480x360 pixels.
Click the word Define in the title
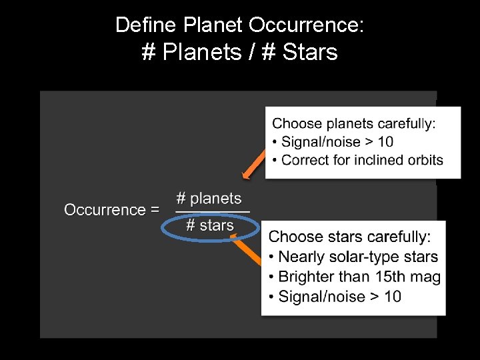pyautogui.click(x=139, y=25)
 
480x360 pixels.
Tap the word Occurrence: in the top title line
pyautogui.click(x=307, y=25)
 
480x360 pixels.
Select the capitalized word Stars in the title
pyautogui.click(x=310, y=51)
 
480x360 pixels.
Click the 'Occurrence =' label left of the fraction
pyautogui.click(x=111, y=210)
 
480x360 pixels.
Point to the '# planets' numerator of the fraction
pyautogui.click(x=209, y=199)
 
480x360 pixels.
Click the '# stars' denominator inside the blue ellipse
pyautogui.click(x=210, y=225)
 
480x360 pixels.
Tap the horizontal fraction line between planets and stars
pyautogui.click(x=212, y=212)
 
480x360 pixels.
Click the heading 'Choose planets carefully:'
pyautogui.click(x=354, y=123)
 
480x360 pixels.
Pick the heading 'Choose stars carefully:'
pyautogui.click(x=349, y=237)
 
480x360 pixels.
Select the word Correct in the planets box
pyautogui.click(x=304, y=160)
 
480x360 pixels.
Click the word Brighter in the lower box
pyautogui.click(x=309, y=277)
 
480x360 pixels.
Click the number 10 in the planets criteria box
pyautogui.click(x=385, y=141)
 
